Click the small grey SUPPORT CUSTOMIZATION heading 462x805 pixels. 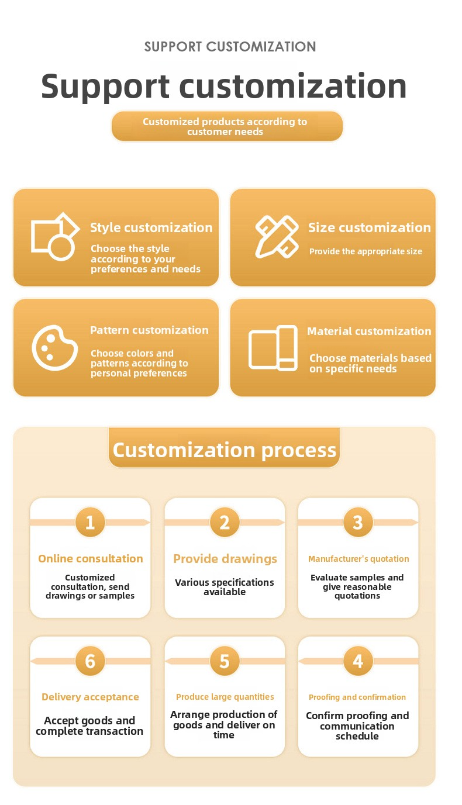pos(230,47)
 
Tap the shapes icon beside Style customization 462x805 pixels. pos(54,237)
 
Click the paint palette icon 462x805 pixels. pos(54,348)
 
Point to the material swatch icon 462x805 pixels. pos(273,347)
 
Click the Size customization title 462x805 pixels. pos(369,227)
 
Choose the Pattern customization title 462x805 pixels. pos(149,330)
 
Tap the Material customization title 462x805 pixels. pos(369,331)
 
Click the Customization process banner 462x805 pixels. pos(225,450)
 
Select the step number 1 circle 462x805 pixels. pos(90,521)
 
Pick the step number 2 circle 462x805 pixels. pos(225,521)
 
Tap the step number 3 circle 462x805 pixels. pos(358,521)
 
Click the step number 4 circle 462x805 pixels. pos(358,661)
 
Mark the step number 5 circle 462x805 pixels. pos(225,661)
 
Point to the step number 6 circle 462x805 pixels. pos(90,661)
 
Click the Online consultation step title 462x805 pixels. pos(90,559)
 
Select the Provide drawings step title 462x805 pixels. pos(225,559)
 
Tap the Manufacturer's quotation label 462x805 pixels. pos(358,559)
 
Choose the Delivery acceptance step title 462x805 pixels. pos(90,697)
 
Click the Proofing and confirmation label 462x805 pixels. pos(357,697)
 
